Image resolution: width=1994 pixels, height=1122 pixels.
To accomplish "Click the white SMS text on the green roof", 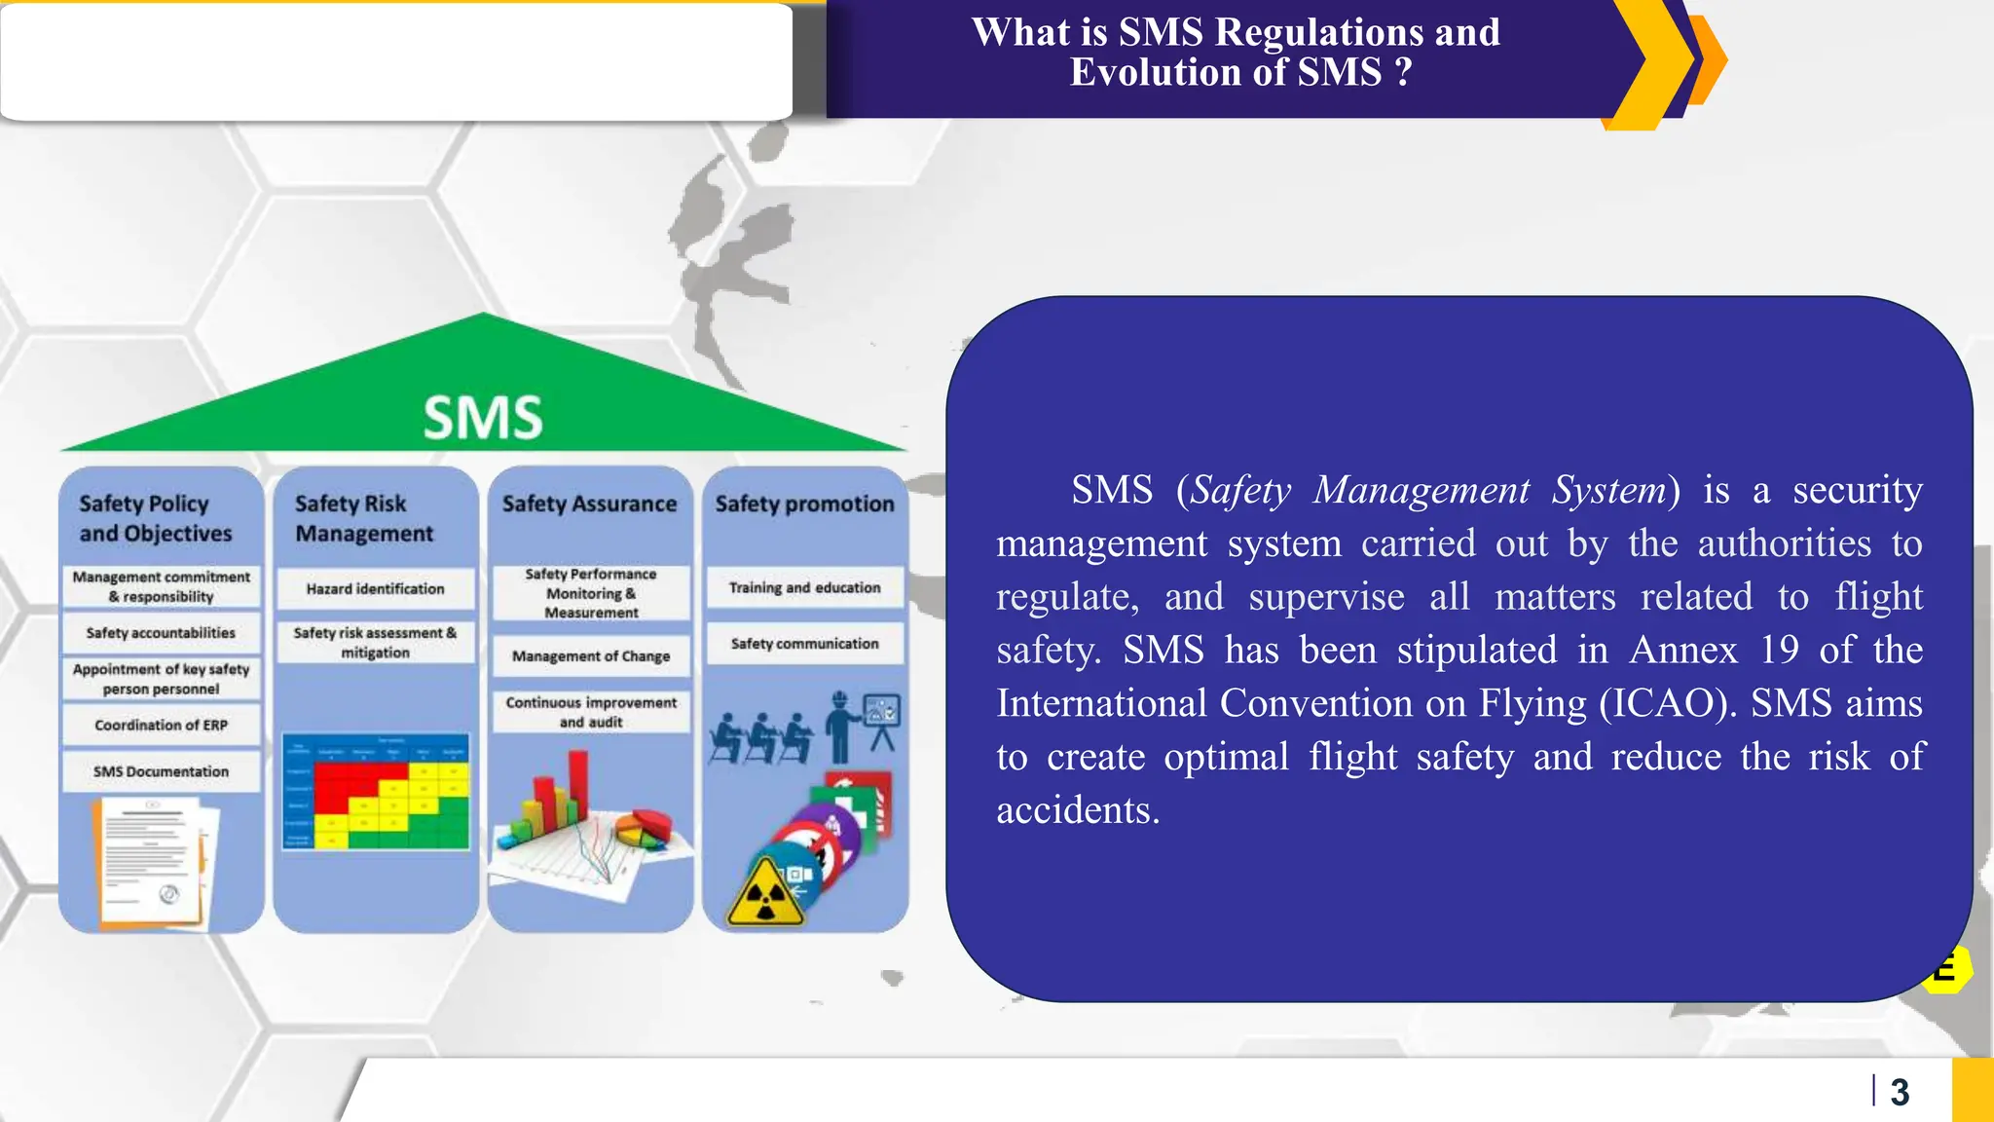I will click(x=483, y=418).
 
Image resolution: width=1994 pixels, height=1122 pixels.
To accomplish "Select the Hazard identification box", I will click(x=376, y=589).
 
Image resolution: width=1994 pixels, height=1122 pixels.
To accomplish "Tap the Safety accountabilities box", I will click(x=162, y=633).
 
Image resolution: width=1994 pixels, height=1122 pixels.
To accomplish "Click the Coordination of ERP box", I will click(x=162, y=726).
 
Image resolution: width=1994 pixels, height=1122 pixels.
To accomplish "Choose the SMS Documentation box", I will click(x=162, y=771).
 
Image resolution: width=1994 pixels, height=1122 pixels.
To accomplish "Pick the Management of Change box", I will click(x=591, y=656).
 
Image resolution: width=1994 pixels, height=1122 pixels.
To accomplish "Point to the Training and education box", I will click(x=804, y=588).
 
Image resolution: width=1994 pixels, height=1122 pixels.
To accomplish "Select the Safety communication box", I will click(x=804, y=644).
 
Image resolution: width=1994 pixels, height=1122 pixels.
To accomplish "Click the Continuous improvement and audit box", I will click(x=591, y=712).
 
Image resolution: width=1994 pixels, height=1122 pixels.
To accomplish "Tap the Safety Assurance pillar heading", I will click(x=590, y=504).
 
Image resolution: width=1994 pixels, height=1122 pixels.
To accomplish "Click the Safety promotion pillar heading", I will click(x=804, y=504).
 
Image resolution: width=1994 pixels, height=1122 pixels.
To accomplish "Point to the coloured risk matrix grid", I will click(x=376, y=792).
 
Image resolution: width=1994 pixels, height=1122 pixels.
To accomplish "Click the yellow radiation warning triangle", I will click(x=765, y=894).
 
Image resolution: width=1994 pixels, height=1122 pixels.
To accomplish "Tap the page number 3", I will click(x=1900, y=1093).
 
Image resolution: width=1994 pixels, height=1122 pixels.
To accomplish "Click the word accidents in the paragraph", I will click(x=1077, y=810).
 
